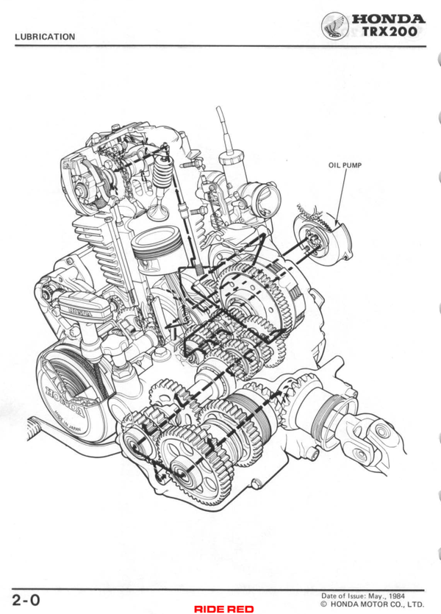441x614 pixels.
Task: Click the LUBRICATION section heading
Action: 45,37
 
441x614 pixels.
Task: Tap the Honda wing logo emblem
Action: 335,26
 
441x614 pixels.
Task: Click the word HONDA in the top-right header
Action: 388,19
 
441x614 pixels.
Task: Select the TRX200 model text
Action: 390,32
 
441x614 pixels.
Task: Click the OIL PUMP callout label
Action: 345,165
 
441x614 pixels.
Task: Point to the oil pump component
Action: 323,237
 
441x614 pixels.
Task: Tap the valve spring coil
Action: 161,171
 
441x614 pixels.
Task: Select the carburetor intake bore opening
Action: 268,201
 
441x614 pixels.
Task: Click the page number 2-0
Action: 26,600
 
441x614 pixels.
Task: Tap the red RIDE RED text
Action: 224,609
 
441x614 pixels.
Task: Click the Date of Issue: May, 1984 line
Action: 363,596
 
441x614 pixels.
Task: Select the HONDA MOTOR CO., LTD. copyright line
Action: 372,604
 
